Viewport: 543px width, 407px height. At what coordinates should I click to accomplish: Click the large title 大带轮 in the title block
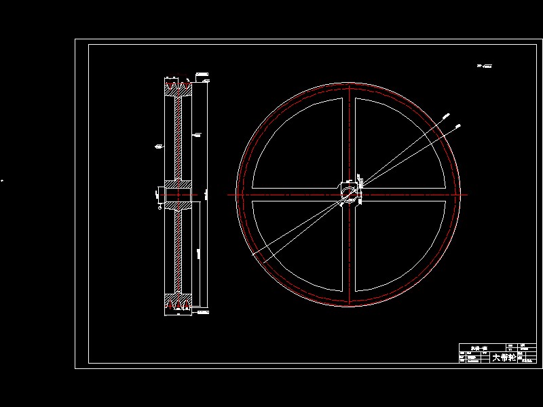point(504,357)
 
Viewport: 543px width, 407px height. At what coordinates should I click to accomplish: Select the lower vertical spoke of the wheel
point(348,251)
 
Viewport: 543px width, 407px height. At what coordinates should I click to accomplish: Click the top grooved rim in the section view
point(179,87)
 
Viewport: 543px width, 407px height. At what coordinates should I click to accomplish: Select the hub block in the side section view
point(177,194)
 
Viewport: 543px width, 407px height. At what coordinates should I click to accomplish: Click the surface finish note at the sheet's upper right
point(485,66)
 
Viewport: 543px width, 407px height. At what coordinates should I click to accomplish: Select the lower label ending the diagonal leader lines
point(460,125)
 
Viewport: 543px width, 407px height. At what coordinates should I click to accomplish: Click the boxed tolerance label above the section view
point(202,74)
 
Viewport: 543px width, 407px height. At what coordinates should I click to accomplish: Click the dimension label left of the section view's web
point(159,145)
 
